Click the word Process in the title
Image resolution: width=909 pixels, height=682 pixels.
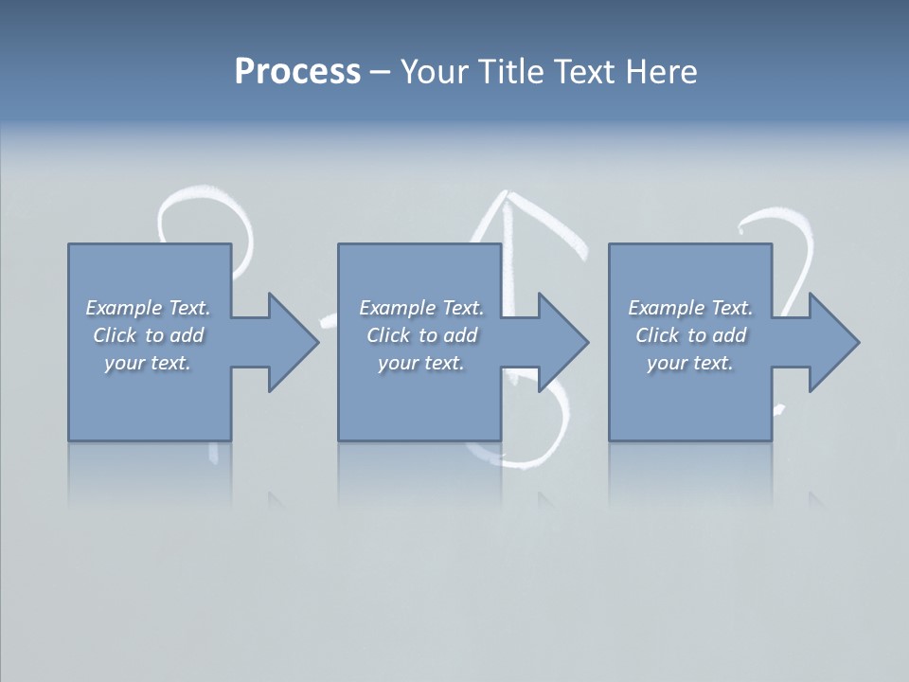tap(297, 72)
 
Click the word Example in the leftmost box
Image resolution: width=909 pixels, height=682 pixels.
tap(124, 308)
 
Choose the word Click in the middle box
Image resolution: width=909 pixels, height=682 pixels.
tap(386, 335)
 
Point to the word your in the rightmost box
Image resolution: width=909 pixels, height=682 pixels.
tap(667, 363)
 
